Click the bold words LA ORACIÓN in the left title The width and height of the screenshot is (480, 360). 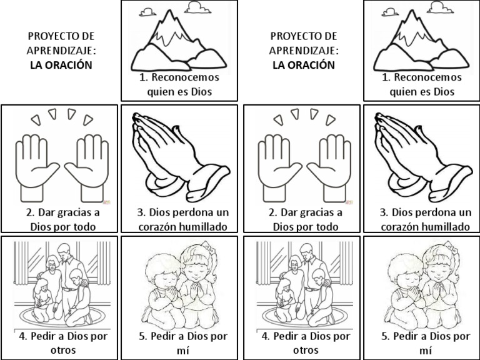click(x=61, y=65)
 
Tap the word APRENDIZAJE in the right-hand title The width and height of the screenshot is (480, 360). click(x=303, y=51)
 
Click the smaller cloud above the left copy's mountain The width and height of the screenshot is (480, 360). click(x=147, y=12)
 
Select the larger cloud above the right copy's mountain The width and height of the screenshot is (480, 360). click(x=441, y=7)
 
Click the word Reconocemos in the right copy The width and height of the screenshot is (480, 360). click(x=427, y=77)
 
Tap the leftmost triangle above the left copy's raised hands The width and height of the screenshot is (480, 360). click(x=36, y=120)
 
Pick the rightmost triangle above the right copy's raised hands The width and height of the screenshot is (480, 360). click(x=330, y=120)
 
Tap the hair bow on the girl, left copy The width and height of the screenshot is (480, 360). click(x=208, y=246)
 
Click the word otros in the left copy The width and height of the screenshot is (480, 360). click(x=63, y=350)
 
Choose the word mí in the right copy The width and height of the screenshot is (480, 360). click(x=426, y=350)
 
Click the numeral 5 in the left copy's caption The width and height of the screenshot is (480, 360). click(x=142, y=336)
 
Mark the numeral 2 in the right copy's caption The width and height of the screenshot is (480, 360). click(x=272, y=212)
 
